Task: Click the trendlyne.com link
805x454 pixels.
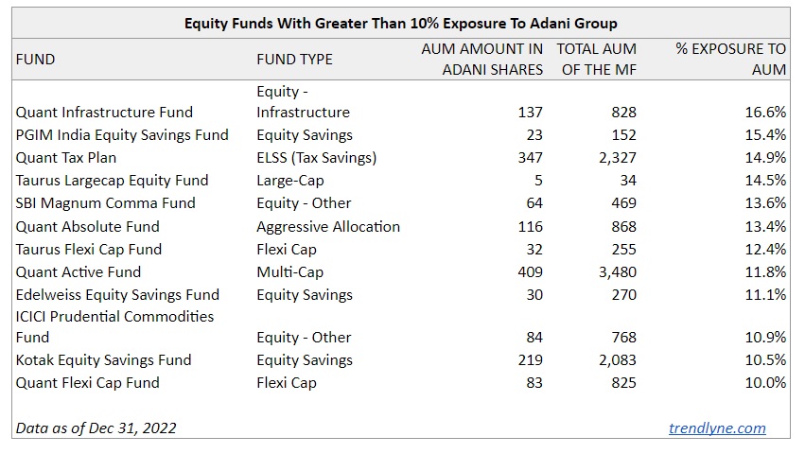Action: (717, 428)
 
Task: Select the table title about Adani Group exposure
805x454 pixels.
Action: (402, 23)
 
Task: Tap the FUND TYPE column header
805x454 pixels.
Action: (294, 59)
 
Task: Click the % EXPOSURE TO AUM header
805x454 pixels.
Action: (730, 59)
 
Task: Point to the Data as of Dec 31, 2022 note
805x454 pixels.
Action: (96, 428)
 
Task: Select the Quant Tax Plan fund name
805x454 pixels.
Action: (66, 157)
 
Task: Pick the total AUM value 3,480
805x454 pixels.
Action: (614, 271)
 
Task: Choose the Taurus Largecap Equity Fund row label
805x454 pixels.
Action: (112, 180)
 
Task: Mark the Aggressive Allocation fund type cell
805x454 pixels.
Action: (327, 226)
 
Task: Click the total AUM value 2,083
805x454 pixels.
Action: (614, 359)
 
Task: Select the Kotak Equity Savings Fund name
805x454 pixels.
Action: (103, 359)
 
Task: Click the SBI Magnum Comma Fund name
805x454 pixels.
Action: (105, 202)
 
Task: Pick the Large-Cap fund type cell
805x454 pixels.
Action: (288, 180)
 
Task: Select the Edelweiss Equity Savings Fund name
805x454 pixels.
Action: (117, 294)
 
